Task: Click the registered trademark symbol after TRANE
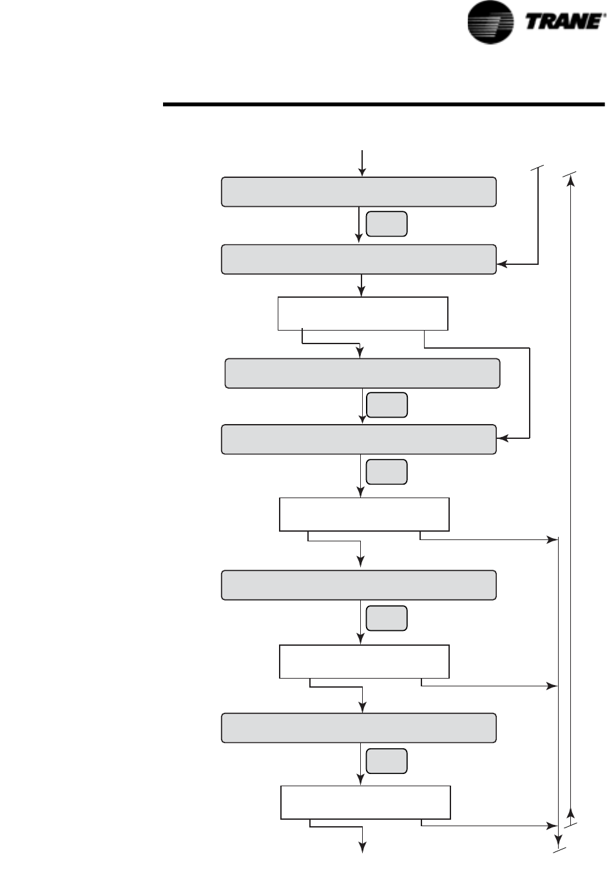604,15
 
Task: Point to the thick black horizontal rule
383,104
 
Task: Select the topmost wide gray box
358,192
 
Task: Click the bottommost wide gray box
358,728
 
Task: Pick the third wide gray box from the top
362,373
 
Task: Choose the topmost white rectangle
362,314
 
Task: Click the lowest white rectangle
365,802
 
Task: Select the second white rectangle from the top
363,514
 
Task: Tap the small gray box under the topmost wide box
387,224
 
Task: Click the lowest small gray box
387,761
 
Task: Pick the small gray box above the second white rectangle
387,472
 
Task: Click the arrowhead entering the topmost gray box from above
362,172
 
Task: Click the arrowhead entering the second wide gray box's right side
502,264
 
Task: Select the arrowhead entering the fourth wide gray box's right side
502,439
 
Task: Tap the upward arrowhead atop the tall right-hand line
571,182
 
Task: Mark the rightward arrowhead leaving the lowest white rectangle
552,825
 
